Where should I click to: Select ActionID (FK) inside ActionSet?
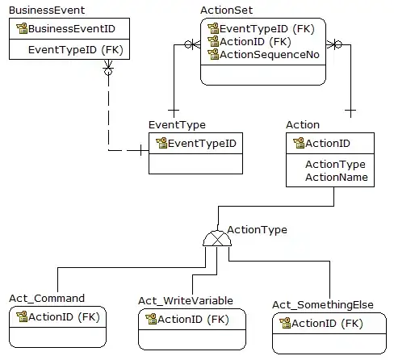pyautogui.click(x=256, y=40)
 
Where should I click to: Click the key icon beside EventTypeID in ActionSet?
pyautogui.click(x=213, y=27)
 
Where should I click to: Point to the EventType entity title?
pyautogui.click(x=177, y=125)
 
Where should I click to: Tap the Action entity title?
pyautogui.click(x=303, y=125)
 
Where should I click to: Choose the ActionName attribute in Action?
pyautogui.click(x=336, y=177)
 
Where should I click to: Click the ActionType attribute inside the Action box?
pyautogui.click(x=334, y=164)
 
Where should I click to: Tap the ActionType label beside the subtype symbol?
pyautogui.click(x=257, y=230)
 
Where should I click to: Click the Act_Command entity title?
pyautogui.click(x=46, y=298)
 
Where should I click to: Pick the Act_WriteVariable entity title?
pyautogui.click(x=186, y=300)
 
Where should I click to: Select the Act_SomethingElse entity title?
pyautogui.click(x=323, y=304)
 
